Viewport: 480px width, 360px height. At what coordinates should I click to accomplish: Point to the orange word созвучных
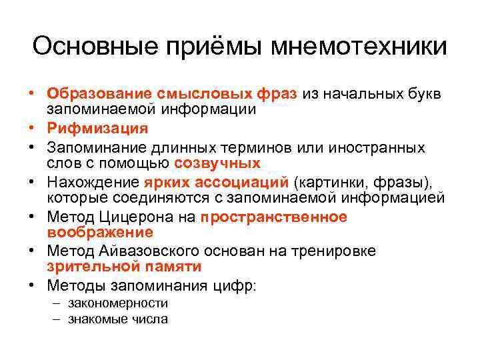(x=217, y=163)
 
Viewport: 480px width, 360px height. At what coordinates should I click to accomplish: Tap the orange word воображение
(x=100, y=233)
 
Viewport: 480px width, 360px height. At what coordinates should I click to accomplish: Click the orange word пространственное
(x=273, y=217)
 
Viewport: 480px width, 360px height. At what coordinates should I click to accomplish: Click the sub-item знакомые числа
(x=117, y=319)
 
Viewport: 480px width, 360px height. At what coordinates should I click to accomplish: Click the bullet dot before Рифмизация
(x=32, y=127)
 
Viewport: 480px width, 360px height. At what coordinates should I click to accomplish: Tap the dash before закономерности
(x=54, y=303)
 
